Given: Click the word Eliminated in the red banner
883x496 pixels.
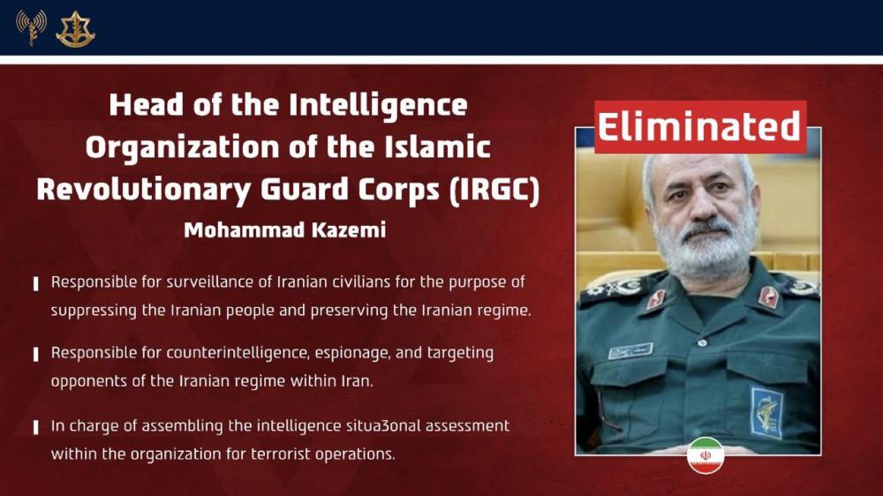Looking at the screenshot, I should [699, 127].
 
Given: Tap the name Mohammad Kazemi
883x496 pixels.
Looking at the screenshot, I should [285, 230].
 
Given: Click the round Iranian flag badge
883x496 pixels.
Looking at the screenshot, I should [706, 455].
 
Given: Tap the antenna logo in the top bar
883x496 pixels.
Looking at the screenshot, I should [31, 27].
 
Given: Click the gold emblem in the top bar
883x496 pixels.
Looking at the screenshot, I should [75, 29].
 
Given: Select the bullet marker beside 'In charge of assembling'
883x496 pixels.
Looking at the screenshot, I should [35, 427].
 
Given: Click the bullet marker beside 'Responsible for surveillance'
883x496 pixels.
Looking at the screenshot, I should [35, 283].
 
